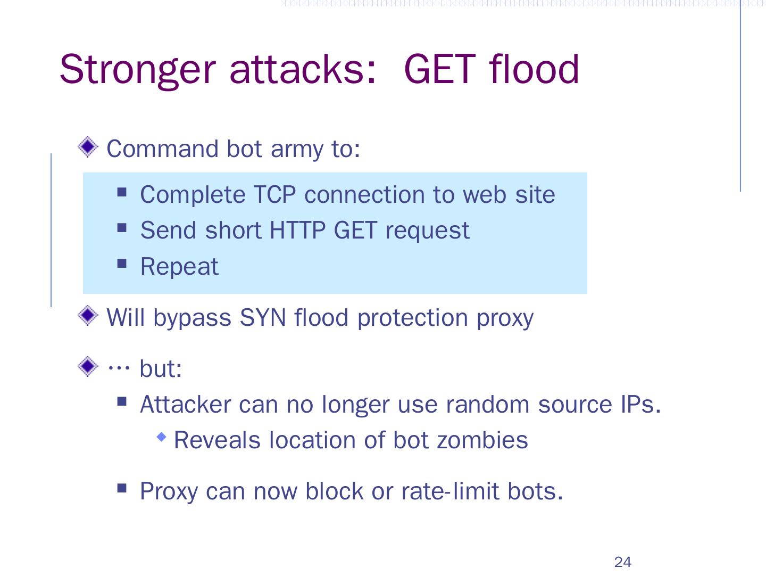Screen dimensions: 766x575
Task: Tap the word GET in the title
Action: [x=439, y=69]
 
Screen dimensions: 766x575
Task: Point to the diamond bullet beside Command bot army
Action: [x=88, y=147]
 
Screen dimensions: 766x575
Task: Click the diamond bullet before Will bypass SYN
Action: [x=88, y=316]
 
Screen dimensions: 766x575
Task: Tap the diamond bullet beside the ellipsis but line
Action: [x=88, y=366]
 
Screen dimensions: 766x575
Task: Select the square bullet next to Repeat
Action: [x=122, y=263]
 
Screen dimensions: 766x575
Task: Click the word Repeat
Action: [x=179, y=266]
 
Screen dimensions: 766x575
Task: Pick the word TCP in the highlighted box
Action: [x=274, y=194]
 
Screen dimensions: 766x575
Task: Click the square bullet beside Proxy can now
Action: [x=122, y=488]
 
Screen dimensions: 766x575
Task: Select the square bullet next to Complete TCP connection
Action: [x=122, y=191]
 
